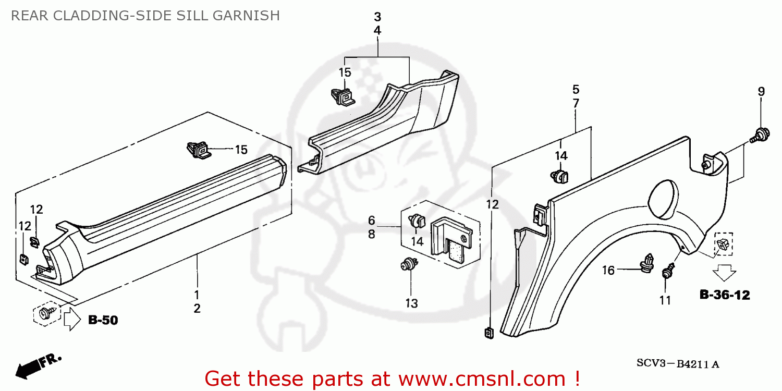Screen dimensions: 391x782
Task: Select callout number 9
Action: point(761,92)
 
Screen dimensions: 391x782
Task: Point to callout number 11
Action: point(665,300)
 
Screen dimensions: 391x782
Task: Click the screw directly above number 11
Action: point(667,273)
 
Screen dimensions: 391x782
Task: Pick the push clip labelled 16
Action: point(647,263)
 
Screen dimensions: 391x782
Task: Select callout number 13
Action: point(411,303)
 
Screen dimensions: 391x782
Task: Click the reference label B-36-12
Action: point(724,296)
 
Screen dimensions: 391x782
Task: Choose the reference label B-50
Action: point(103,320)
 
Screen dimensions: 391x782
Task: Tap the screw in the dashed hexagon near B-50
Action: point(44,314)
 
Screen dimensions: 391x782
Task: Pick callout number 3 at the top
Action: point(377,16)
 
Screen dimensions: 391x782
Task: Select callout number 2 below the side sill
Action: point(197,309)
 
